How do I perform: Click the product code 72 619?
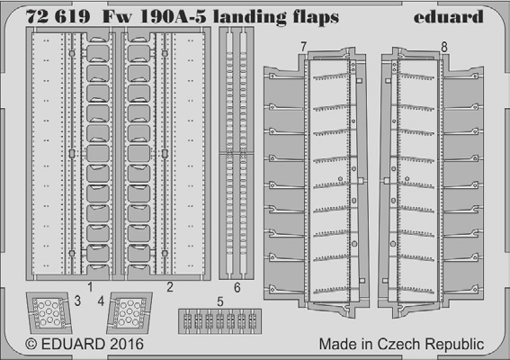(58, 16)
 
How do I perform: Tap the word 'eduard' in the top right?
(448, 16)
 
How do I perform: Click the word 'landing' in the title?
(250, 18)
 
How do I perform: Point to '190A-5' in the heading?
(173, 16)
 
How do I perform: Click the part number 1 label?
(90, 287)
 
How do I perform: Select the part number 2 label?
(170, 287)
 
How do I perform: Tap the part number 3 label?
(77, 301)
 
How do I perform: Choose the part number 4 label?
(101, 301)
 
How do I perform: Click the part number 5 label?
(220, 301)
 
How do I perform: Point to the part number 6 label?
(237, 287)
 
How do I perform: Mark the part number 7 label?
(303, 47)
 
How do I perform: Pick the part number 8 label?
(444, 47)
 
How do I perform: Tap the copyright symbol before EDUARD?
(31, 345)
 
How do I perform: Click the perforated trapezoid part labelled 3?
(49, 313)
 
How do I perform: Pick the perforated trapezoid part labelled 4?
(130, 313)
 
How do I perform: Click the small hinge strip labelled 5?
(219, 321)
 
